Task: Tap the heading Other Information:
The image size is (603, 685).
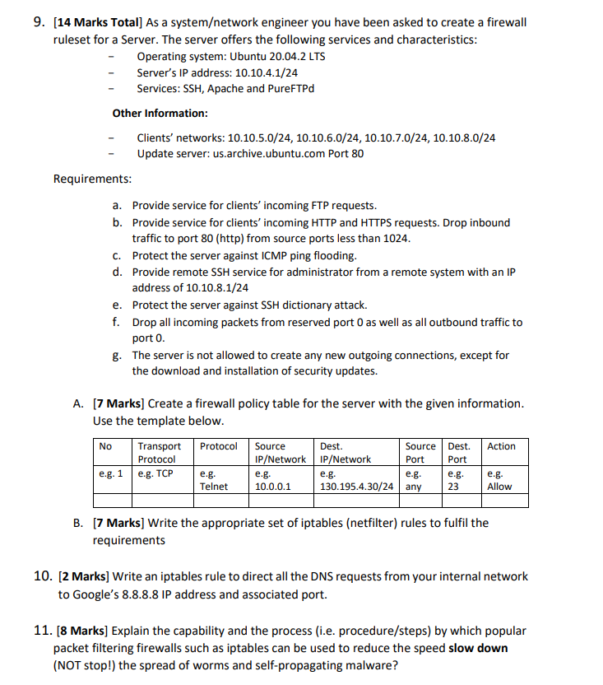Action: coord(160,113)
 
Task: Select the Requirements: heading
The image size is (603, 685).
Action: coord(92,178)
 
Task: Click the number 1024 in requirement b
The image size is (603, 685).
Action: coord(395,239)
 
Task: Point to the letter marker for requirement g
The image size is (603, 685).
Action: coord(117,356)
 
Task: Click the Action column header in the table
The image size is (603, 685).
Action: coord(501,446)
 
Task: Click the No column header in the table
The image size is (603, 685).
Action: coord(105,446)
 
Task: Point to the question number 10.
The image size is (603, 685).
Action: coord(43,576)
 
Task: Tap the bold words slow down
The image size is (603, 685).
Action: coord(478,648)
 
